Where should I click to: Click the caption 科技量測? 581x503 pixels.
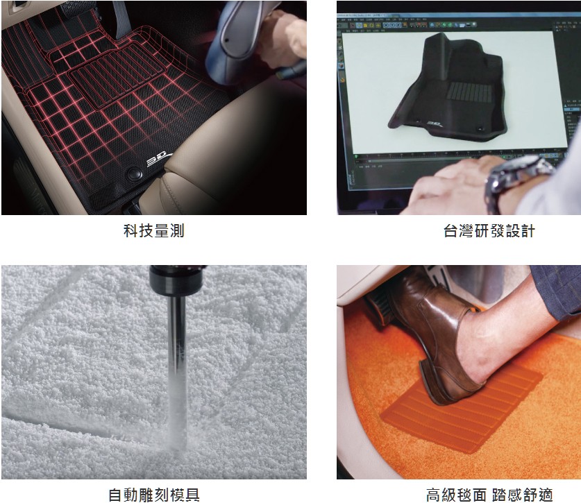(154, 231)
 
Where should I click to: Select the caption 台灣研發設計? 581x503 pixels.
(489, 231)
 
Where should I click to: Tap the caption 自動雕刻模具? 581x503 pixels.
(154, 495)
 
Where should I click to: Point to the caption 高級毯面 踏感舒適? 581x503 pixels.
(489, 495)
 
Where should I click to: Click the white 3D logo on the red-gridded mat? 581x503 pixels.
(158, 160)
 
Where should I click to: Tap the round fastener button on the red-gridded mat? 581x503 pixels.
(134, 173)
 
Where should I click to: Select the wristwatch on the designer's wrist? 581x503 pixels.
(519, 182)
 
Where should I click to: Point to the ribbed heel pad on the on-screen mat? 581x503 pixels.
(469, 92)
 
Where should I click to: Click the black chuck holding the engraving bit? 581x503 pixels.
(177, 280)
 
